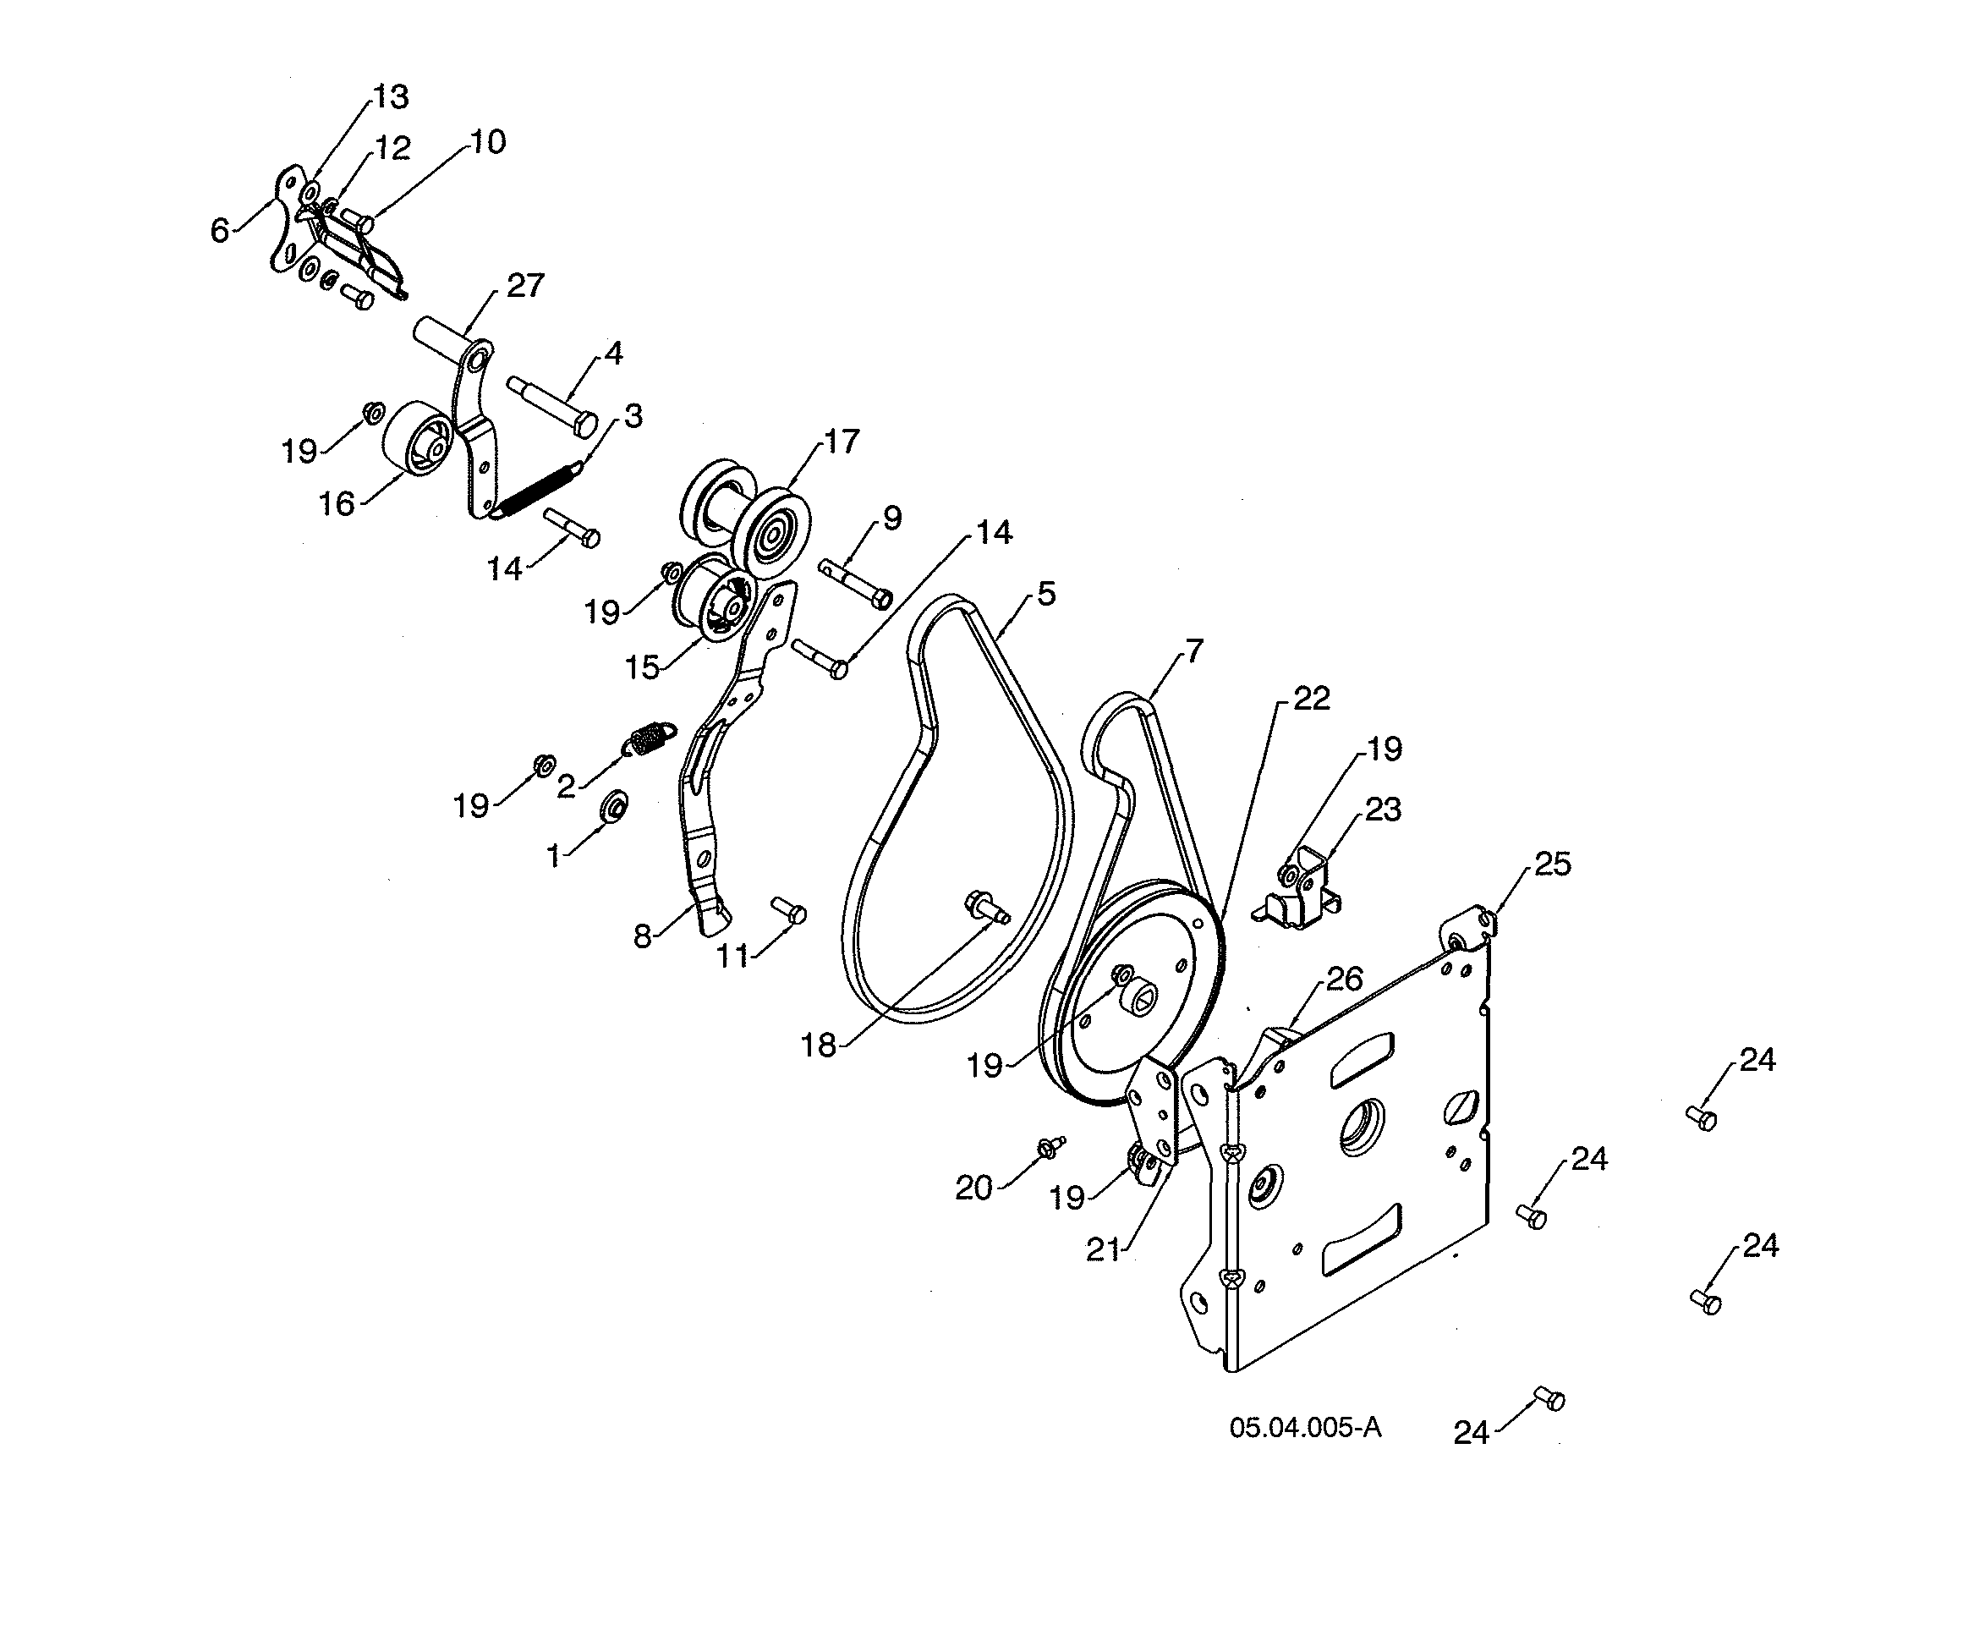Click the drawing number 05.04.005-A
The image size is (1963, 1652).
click(1305, 1427)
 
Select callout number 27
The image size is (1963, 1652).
click(524, 286)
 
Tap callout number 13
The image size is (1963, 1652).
click(391, 96)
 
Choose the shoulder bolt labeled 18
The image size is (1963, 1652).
click(985, 906)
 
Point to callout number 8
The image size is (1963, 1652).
click(642, 936)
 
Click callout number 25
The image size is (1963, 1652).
click(1552, 864)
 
